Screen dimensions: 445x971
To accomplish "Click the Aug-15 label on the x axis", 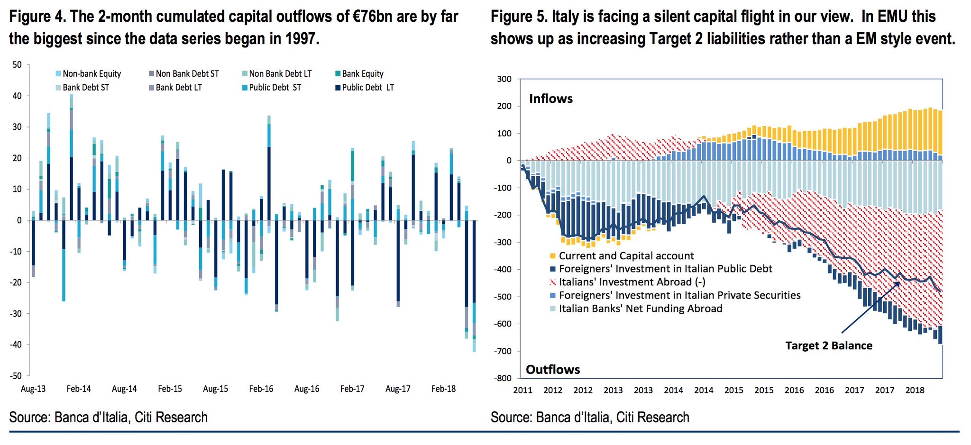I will (215, 389).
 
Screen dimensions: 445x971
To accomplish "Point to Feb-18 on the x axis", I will (443, 389).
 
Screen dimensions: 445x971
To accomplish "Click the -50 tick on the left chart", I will (17, 376).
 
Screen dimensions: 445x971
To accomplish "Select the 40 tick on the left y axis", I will (17, 96).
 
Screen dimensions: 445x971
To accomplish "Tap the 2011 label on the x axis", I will (523, 391).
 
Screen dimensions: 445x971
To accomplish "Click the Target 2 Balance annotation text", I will (828, 345).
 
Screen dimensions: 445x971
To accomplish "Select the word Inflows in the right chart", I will (551, 99).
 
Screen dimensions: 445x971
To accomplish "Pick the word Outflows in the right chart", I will (553, 370).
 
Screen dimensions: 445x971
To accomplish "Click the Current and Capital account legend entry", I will (626, 256).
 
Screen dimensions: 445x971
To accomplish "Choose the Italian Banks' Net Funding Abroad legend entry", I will (640, 309).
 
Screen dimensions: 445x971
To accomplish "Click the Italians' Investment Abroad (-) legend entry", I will (632, 282).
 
